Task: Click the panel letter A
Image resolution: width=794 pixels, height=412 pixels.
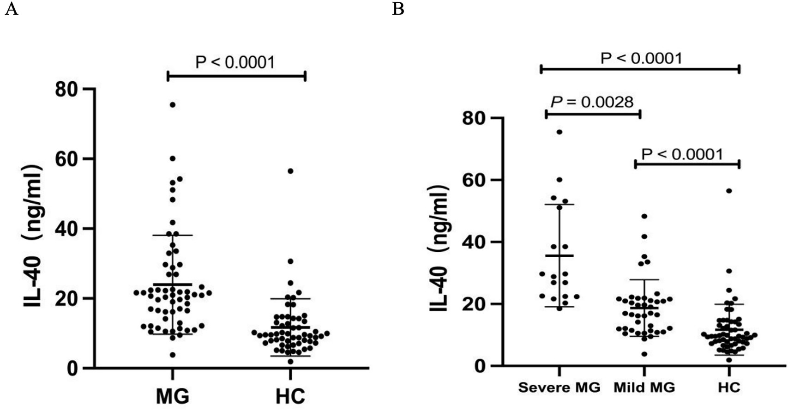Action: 12,9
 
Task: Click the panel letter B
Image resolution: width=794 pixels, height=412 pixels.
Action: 398,9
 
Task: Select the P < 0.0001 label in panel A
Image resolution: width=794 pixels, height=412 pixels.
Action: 235,62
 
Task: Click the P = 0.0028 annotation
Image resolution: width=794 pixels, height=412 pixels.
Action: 592,102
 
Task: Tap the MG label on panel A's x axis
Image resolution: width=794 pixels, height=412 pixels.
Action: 172,397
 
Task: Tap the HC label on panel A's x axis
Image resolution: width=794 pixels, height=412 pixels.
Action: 290,397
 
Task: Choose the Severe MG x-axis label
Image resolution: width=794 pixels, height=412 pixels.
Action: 559,387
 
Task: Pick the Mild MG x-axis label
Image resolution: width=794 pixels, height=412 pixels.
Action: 644,387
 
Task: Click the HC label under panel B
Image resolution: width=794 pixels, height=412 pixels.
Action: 729,387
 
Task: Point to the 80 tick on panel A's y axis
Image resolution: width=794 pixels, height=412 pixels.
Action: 66,89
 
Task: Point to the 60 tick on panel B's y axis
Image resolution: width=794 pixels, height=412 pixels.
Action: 473,180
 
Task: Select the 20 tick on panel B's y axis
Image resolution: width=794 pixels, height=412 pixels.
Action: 473,304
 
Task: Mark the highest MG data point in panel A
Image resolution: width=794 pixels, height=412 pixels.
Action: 173,105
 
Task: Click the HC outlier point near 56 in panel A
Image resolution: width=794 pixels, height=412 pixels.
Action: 290,171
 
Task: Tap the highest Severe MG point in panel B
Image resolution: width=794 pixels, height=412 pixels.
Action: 559,132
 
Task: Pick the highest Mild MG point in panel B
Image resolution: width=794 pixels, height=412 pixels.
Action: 644,216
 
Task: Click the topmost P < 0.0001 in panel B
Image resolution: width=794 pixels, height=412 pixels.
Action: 641,58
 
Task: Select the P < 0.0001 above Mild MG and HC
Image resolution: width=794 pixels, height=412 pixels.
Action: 682,154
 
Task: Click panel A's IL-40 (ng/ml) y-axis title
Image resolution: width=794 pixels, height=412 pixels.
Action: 32,236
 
